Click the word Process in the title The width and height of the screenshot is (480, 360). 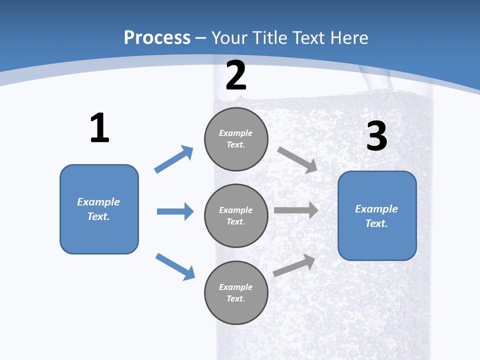157,38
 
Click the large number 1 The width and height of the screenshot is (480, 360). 99,128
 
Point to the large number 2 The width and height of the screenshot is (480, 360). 236,75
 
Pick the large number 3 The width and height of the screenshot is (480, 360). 376,136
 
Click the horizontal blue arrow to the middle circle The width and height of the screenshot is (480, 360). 175,211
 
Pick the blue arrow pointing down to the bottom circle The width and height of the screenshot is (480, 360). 175,266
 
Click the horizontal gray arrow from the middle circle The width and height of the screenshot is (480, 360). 296,210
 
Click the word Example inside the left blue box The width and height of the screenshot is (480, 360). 98,202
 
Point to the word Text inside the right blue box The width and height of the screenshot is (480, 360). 376,223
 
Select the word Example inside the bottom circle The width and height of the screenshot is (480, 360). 235,287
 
